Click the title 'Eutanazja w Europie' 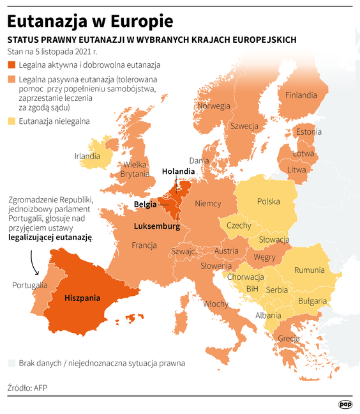90,20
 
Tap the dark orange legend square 11,65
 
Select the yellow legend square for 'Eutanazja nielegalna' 11,121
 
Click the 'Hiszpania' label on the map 82,298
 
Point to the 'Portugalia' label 29,285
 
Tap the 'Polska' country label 268,201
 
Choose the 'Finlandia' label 301,95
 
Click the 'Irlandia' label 87,156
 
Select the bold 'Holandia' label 178,172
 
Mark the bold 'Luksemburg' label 156,226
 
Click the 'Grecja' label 289,338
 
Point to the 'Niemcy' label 207,204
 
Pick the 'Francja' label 144,245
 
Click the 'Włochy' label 216,304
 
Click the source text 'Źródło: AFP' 27,387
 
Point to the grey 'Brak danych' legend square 11,363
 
